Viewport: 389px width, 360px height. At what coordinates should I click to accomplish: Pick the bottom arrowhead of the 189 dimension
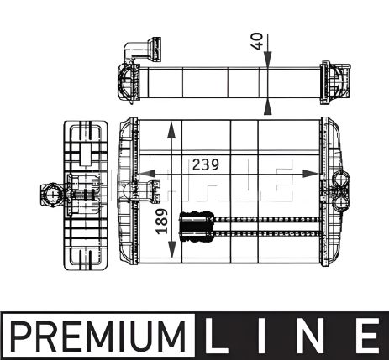(172, 253)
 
